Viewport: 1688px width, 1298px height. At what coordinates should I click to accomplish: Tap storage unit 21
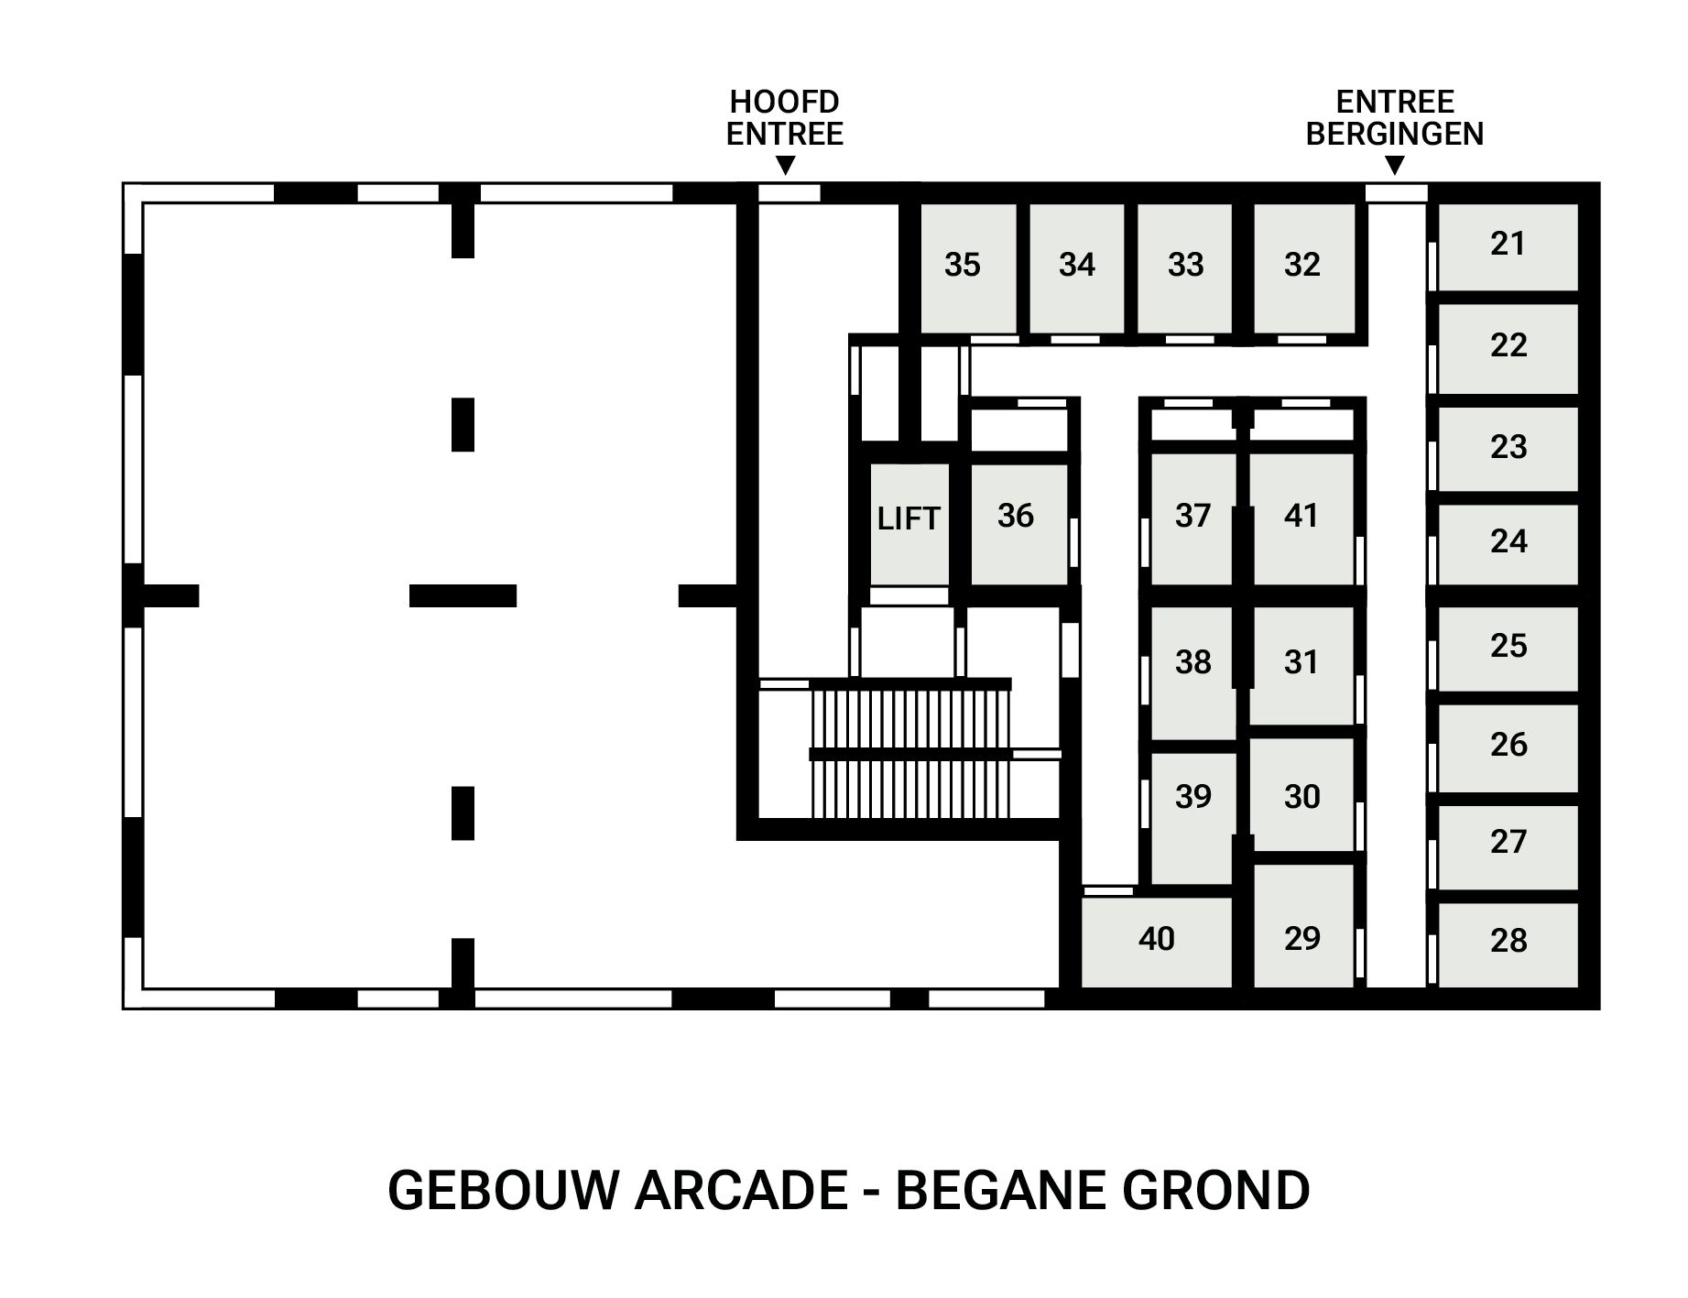tap(1508, 245)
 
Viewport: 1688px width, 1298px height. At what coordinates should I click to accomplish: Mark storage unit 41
tap(1301, 518)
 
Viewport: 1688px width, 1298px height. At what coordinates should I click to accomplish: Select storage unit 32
tap(1302, 267)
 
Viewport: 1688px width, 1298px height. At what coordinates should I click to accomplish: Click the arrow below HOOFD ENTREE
tap(785, 166)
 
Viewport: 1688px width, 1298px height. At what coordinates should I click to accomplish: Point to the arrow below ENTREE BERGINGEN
tap(1394, 166)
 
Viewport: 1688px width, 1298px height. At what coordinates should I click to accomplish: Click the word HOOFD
tap(784, 102)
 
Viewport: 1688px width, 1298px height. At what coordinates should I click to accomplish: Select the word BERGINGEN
tap(1394, 134)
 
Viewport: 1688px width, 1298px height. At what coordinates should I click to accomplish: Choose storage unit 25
tap(1508, 647)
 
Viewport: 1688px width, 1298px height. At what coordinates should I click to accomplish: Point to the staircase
tap(910, 751)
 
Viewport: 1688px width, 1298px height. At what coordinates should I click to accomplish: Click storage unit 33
tap(1185, 267)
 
